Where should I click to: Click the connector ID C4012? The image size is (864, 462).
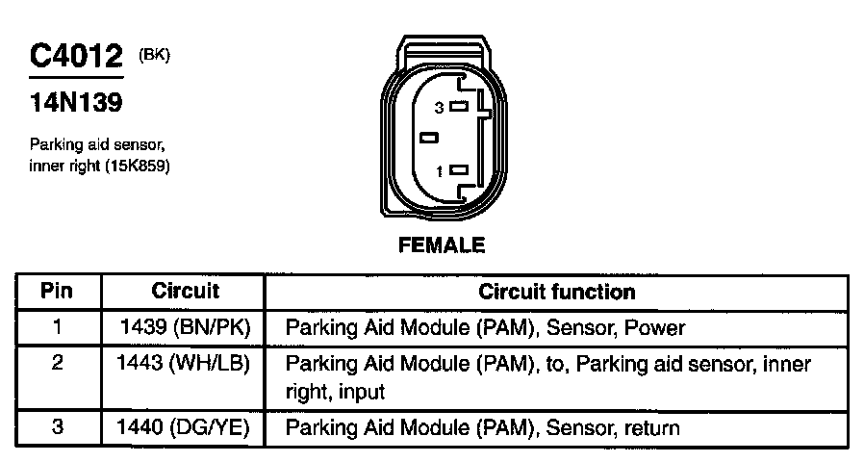click(x=76, y=56)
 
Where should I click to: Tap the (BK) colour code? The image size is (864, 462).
click(x=154, y=55)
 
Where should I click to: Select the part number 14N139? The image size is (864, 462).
click(x=76, y=102)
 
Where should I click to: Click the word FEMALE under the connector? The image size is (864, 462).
click(x=442, y=244)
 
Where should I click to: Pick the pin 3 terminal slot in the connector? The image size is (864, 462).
click(x=459, y=106)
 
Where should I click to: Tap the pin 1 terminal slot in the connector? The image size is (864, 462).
click(x=459, y=170)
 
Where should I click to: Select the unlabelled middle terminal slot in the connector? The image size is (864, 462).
click(x=429, y=138)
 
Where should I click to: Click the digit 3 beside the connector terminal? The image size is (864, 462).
click(x=439, y=108)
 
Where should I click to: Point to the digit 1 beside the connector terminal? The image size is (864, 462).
click(x=439, y=172)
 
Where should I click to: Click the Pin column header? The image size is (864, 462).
click(x=57, y=291)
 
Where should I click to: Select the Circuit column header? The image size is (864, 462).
click(x=185, y=291)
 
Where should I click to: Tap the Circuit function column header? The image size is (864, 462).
click(x=556, y=292)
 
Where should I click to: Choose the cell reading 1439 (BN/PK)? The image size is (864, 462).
click(x=185, y=327)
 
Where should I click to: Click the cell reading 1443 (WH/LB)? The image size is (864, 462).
click(x=183, y=363)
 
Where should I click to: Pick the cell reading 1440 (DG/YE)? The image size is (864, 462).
click(x=183, y=427)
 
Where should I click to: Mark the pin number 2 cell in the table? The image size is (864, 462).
click(x=58, y=363)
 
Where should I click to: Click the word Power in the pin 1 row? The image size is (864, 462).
click(x=654, y=328)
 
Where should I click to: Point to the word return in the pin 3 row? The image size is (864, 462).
click(x=651, y=428)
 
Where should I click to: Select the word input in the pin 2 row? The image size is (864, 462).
click(x=362, y=392)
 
